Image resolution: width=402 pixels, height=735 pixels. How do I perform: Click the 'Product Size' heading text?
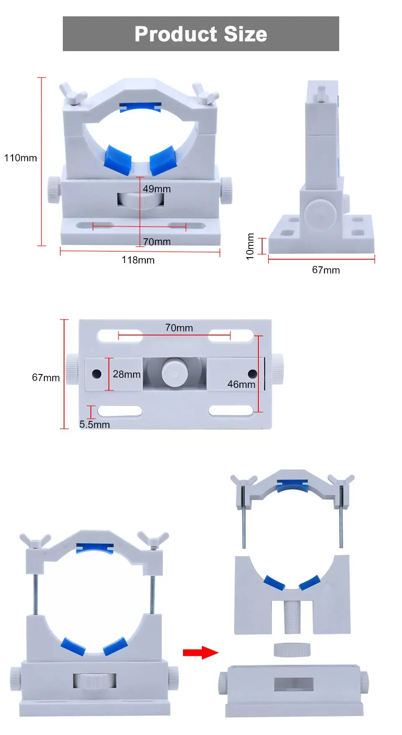201,34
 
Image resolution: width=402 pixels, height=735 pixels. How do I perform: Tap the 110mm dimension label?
21,158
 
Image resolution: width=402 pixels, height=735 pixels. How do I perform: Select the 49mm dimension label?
157,189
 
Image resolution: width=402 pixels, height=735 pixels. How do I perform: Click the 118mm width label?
138,260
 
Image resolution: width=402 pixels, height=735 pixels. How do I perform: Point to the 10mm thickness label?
250,246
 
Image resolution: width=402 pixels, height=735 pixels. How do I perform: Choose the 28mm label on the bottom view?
126,374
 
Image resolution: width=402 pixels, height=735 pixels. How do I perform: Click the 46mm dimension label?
241,384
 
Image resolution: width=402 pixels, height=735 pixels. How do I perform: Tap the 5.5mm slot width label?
95,425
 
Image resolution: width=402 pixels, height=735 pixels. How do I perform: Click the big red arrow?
201,652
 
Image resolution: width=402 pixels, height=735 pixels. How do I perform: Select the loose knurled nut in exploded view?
292,650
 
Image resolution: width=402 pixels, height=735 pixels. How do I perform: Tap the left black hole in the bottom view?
96,374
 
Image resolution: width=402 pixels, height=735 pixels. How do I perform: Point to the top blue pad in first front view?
140,107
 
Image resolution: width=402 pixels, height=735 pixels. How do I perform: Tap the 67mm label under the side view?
326,270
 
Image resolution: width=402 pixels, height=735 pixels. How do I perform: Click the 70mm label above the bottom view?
179,328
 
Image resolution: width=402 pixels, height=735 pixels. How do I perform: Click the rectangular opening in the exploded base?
294,684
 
